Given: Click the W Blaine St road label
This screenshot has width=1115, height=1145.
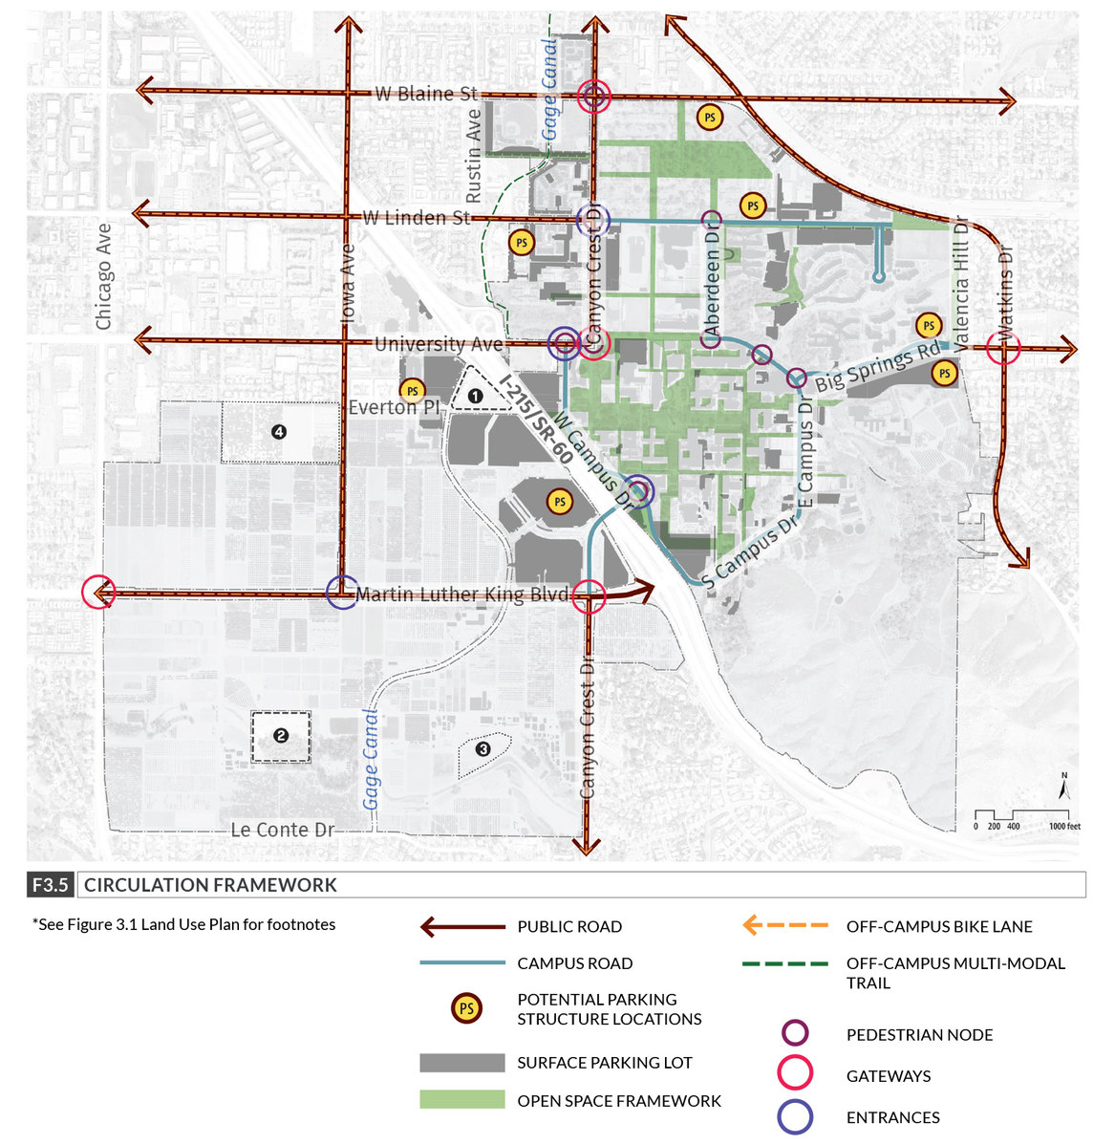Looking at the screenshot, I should point(425,94).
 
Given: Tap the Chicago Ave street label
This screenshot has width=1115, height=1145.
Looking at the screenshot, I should point(103,277).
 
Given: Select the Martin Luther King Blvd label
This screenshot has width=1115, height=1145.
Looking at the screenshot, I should point(461,594).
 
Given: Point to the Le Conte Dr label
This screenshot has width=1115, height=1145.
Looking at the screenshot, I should point(283,830).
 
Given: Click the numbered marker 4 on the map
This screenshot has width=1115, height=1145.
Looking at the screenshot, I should point(279,432).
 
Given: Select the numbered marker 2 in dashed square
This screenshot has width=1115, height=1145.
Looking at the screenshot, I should point(281,736).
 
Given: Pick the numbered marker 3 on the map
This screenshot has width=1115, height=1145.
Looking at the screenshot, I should point(482,749).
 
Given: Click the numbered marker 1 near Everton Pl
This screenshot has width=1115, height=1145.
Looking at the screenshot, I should point(475,394).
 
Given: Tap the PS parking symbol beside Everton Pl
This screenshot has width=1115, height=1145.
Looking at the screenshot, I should point(412,391).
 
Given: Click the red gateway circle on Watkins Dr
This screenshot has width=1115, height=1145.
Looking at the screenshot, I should point(1004,351).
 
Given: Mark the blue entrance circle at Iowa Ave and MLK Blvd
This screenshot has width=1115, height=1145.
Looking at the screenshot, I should point(342,593).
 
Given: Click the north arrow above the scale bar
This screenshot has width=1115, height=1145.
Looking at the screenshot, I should point(1062,788).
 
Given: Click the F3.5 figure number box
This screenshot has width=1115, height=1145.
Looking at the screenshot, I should point(50,885).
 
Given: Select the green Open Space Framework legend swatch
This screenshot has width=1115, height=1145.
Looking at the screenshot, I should point(461,1100).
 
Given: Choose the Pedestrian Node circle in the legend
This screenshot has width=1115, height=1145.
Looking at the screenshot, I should point(795,1033).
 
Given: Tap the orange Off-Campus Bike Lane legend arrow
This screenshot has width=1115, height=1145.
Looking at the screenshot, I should point(785,926).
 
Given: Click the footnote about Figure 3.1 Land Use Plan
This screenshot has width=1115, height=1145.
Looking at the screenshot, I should point(183,924).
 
